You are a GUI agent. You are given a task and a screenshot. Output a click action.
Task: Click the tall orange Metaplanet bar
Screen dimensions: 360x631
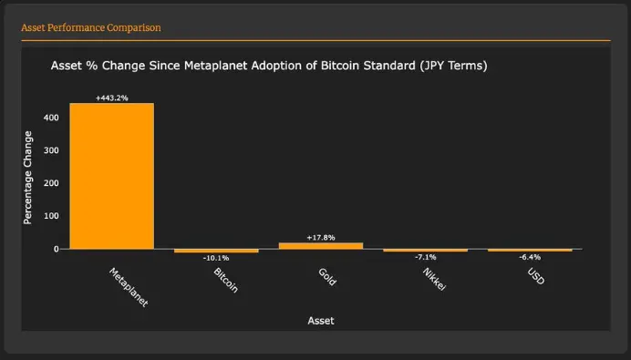tap(111, 175)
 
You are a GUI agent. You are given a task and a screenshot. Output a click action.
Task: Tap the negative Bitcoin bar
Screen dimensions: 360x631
tap(216, 251)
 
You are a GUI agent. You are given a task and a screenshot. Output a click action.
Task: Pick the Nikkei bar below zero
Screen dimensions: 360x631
tap(425, 250)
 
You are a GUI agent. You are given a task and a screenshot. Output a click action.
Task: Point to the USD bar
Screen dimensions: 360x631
tap(530, 250)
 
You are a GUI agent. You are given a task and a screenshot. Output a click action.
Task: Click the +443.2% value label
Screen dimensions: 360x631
tap(111, 98)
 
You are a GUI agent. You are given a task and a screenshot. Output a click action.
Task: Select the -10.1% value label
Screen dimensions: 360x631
tap(216, 258)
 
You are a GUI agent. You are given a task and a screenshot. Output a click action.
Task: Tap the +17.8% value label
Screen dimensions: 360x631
tap(320, 237)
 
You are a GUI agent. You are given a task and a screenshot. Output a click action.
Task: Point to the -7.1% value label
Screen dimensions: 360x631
tap(425, 257)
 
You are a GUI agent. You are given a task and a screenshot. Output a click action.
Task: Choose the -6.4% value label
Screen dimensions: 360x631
tap(530, 257)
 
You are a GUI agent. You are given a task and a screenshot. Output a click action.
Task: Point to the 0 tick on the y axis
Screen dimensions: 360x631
tap(56, 249)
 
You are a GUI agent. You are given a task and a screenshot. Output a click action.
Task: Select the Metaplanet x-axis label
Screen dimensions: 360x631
tap(128, 287)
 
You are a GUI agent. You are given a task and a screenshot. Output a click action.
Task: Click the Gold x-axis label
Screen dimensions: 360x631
tap(327, 277)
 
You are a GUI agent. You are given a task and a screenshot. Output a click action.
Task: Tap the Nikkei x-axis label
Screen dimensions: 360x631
tap(433, 279)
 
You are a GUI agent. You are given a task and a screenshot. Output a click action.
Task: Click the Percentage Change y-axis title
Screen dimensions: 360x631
tap(28, 177)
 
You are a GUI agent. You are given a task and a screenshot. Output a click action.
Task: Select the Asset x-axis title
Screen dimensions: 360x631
tap(321, 320)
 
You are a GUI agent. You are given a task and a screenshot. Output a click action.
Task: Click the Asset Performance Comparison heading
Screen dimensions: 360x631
tap(91, 27)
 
